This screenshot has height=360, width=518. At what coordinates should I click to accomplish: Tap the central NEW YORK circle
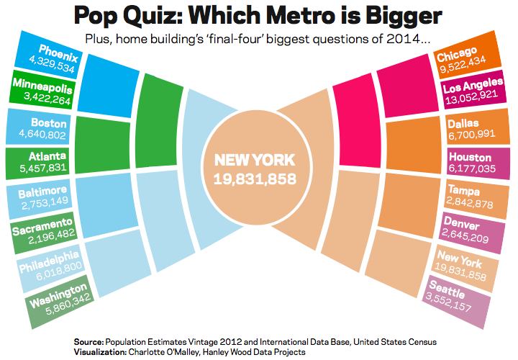(x=255, y=168)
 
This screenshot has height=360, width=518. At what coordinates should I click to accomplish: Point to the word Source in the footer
(x=88, y=339)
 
